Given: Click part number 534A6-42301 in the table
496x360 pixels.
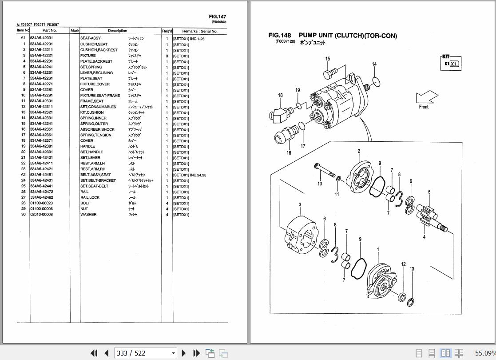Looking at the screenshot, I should [41, 101].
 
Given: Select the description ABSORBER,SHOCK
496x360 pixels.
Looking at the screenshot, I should [97, 129].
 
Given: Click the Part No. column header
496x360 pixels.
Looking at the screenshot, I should [49, 31].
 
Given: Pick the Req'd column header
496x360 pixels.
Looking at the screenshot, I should [167, 31].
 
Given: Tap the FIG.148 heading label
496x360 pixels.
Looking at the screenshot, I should [280, 36].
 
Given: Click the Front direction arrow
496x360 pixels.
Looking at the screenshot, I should [427, 98].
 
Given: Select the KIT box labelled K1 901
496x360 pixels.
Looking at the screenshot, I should [451, 63].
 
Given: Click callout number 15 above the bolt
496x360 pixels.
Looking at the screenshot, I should [327, 59].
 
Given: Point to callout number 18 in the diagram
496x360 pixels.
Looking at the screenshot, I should [280, 95].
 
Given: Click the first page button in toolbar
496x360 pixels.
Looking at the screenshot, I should [94, 353].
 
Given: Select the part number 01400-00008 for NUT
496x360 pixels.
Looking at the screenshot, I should [41, 209].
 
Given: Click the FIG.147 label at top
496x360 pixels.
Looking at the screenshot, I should [218, 17].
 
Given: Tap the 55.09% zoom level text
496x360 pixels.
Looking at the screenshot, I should [485, 353].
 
